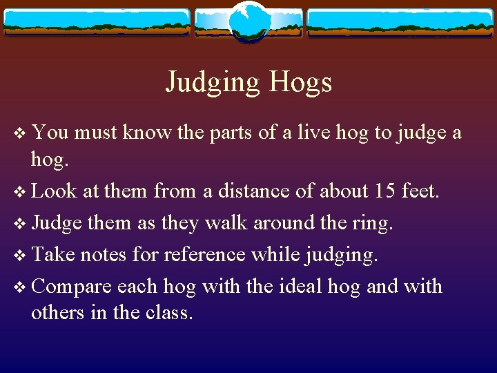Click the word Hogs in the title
tap(300, 82)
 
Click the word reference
tap(204, 255)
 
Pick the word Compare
tap(72, 287)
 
